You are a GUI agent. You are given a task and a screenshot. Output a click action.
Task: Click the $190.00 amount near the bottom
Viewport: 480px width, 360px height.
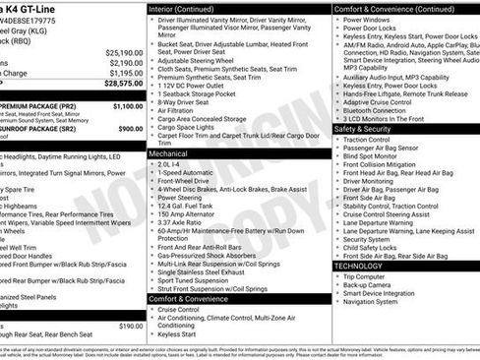click(130, 325)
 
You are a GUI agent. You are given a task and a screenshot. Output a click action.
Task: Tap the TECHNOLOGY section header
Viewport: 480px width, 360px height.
click(358, 266)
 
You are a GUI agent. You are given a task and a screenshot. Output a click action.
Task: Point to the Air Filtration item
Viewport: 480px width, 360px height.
click(182, 110)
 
